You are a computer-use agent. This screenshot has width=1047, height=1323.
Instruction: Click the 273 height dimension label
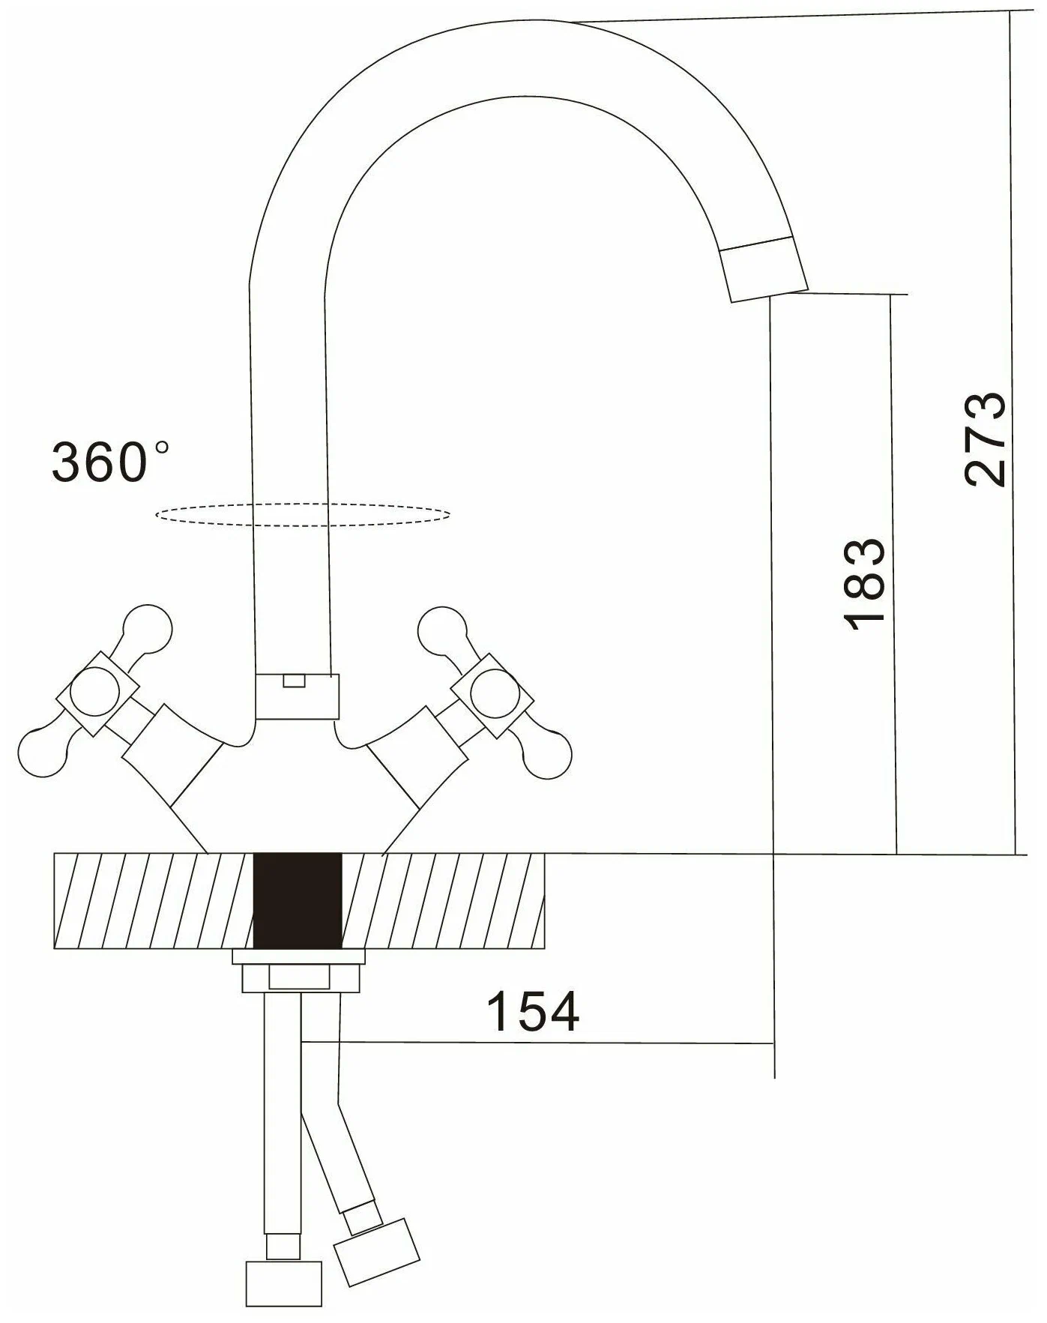click(985, 439)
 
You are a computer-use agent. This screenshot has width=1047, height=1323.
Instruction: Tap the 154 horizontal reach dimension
click(533, 1011)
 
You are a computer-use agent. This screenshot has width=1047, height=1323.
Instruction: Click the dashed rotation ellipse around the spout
click(303, 514)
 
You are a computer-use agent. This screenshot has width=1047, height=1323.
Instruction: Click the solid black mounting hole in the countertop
click(298, 901)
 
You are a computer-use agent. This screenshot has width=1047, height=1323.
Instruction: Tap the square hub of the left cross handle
click(99, 692)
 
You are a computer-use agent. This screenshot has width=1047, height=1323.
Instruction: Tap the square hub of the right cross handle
click(492, 694)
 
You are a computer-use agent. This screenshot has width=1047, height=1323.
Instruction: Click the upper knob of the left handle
click(147, 626)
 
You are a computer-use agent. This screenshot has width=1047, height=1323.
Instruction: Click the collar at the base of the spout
click(297, 696)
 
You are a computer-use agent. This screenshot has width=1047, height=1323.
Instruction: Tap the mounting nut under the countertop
click(298, 971)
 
